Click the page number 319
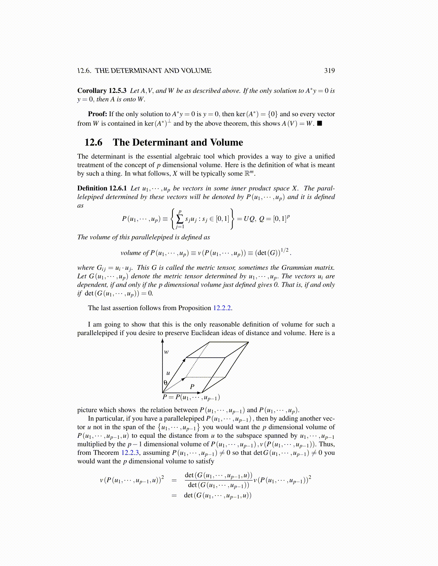tap(329, 71)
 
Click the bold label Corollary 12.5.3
tap(102, 91)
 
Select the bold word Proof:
tap(97, 114)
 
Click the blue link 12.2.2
tap(222, 308)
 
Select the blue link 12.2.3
tap(131, 453)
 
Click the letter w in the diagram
tap(166, 352)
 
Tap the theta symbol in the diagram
tap(165, 382)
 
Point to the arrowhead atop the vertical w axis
tap(163, 341)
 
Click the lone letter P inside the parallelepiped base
tap(192, 387)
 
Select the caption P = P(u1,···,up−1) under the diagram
tap(191, 397)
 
